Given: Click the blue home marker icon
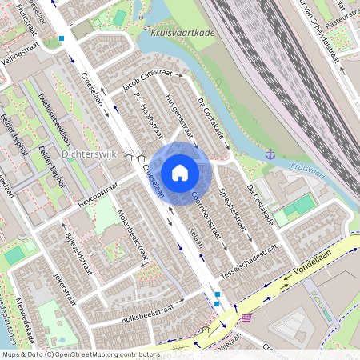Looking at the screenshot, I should point(180,172).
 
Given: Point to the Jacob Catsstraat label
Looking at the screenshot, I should point(147,82).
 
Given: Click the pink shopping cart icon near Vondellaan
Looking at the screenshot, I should point(246,318).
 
